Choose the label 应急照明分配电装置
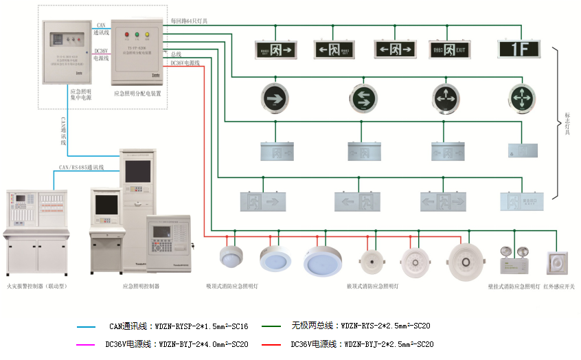point(137,93)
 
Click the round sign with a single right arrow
point(275,98)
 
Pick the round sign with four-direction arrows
point(523,98)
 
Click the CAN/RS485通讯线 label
point(81,167)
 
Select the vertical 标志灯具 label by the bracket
point(567,123)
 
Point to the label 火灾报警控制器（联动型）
point(37,285)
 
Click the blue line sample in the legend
point(87,326)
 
